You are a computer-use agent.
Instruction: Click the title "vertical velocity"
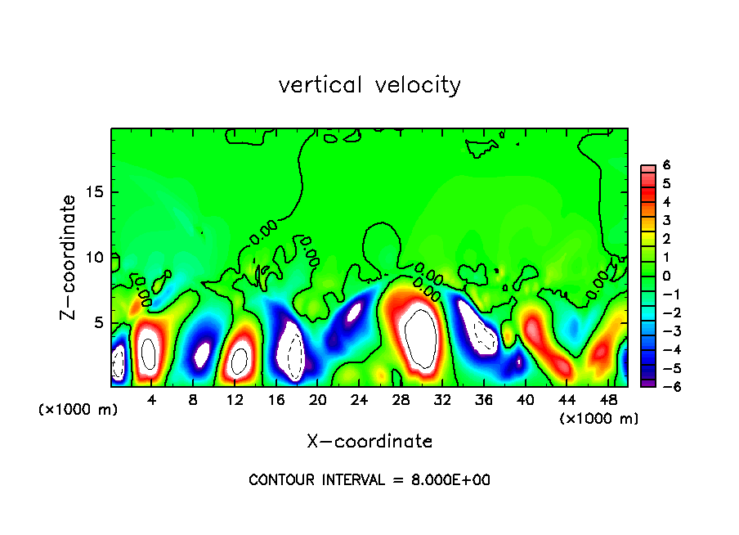[369, 85]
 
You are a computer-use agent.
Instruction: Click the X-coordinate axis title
[369, 442]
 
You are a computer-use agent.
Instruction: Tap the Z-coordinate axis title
[70, 257]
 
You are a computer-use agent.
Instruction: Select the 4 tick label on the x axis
[152, 401]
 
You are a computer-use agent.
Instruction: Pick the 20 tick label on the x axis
[318, 401]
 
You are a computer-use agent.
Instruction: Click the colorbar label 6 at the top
[666, 165]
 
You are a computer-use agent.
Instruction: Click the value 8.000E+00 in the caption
[450, 480]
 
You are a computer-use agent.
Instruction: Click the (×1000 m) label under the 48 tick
[599, 419]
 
